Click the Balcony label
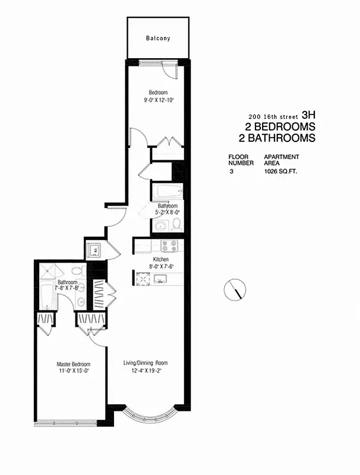(x=158, y=39)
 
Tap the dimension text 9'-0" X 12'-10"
(x=158, y=100)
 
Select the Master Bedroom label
(x=73, y=364)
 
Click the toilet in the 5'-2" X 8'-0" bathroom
(x=176, y=225)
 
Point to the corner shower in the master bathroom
(x=48, y=272)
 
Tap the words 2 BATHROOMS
(x=280, y=138)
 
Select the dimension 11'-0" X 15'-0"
(x=73, y=371)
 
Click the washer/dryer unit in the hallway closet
(x=94, y=250)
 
